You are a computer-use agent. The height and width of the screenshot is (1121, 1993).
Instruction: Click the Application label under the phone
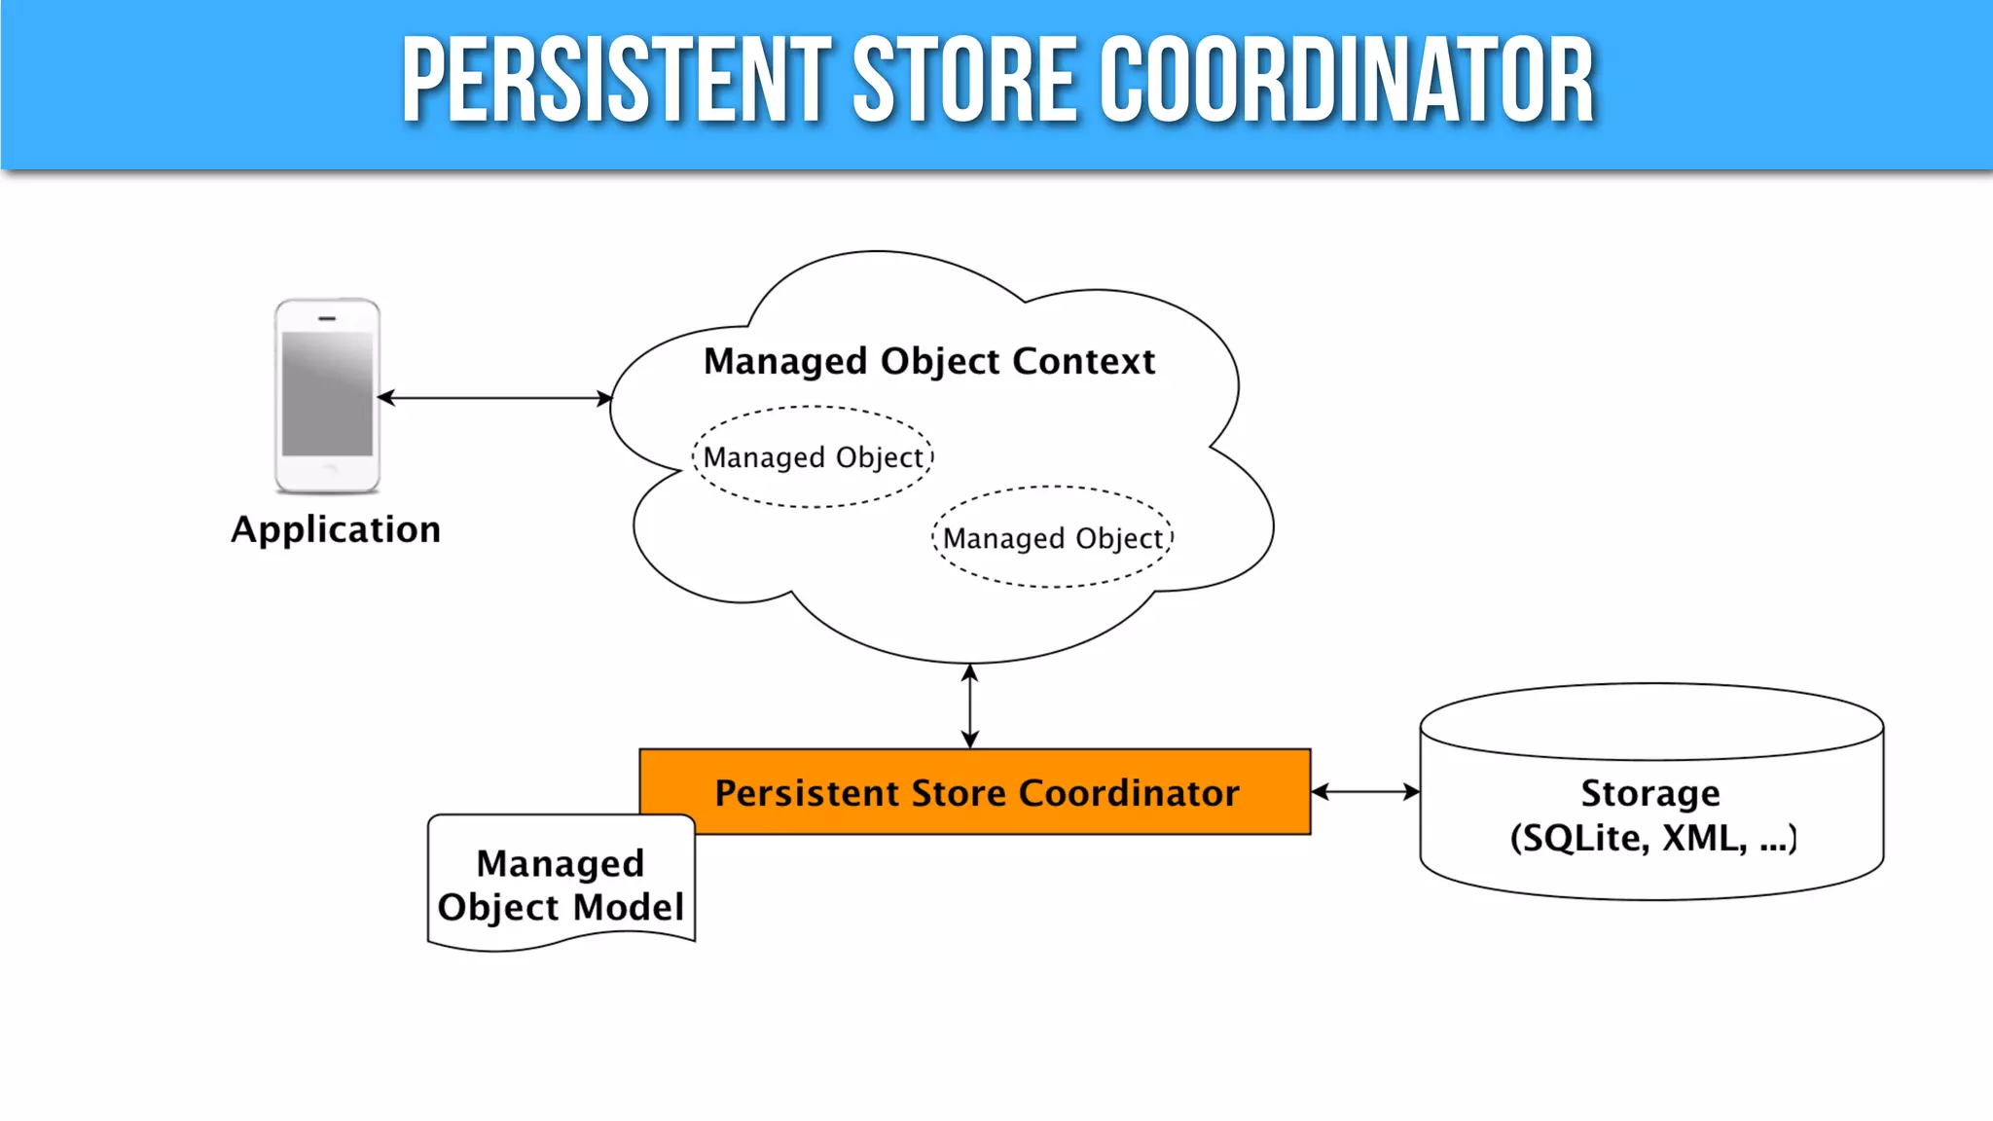coord(336,529)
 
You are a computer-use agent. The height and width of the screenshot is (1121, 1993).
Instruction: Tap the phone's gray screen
coord(327,394)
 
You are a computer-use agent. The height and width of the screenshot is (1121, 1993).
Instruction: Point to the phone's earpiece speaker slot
coord(327,318)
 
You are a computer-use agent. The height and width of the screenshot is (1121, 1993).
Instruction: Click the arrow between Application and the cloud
coord(494,398)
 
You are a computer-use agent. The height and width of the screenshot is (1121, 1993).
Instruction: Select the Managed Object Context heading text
coord(929,361)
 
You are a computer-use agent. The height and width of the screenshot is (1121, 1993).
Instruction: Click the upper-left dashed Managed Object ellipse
coord(813,457)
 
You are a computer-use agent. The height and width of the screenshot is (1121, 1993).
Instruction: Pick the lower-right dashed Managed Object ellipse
coord(1053,538)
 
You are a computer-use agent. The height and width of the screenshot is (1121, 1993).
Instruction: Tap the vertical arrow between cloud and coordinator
coord(969,705)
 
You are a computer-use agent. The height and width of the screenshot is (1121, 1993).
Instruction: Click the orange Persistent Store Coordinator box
coord(975,792)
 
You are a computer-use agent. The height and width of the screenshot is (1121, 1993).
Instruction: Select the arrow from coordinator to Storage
coord(1364,792)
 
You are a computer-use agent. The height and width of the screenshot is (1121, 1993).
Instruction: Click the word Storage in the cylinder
coord(1650,793)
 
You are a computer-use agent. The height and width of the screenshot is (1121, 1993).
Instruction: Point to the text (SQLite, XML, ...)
coord(1652,838)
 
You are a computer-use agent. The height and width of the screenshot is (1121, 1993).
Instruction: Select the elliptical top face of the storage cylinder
coord(1651,721)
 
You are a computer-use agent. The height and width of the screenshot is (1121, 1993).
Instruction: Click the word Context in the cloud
coord(1083,361)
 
